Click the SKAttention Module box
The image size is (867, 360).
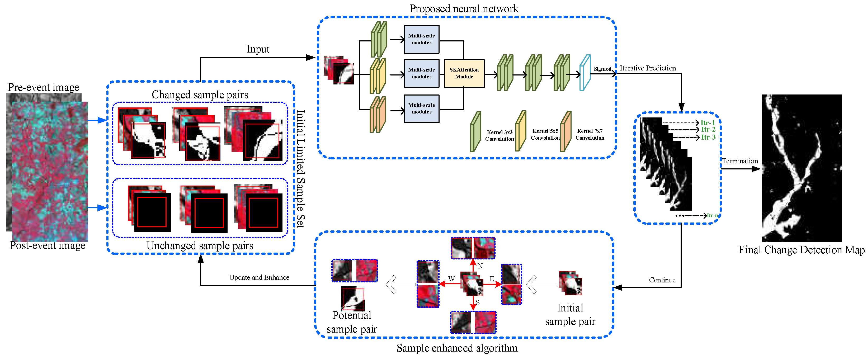click(x=464, y=73)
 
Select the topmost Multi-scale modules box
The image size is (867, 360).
click(x=421, y=39)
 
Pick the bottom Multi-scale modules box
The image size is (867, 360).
click(x=421, y=108)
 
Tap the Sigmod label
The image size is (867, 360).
click(x=602, y=69)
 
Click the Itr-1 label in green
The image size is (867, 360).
click(x=708, y=123)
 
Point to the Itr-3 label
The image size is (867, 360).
click(x=708, y=137)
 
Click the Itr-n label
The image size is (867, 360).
click(x=712, y=215)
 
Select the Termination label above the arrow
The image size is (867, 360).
click(x=740, y=161)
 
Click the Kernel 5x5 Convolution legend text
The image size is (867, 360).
click(x=545, y=134)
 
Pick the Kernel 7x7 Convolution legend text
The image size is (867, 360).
click(x=590, y=134)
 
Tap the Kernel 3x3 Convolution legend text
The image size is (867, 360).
click(x=500, y=135)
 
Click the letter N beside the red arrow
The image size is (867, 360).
click(x=480, y=266)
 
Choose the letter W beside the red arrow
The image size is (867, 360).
click(x=451, y=279)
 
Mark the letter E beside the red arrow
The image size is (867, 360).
click(x=492, y=279)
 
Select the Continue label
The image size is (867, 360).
click(x=662, y=280)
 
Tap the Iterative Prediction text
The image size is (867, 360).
click(x=648, y=68)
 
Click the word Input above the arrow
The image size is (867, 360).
click(x=258, y=49)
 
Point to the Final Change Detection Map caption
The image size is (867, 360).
click(x=801, y=250)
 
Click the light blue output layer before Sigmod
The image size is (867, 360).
click(x=585, y=73)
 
